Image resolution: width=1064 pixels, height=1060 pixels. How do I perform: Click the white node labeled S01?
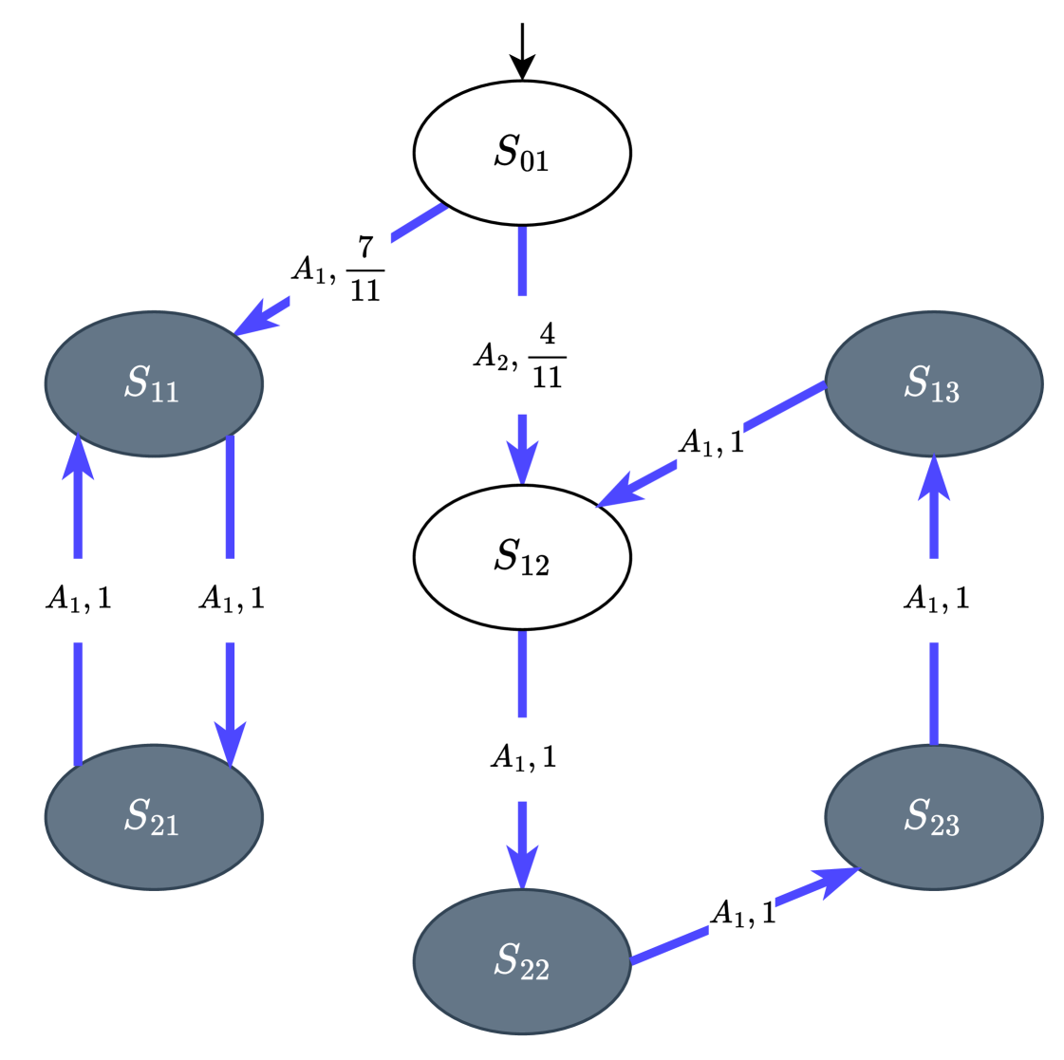click(522, 153)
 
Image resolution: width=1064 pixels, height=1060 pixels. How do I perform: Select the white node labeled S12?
click(522, 557)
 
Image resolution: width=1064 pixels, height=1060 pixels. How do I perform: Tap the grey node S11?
click(154, 383)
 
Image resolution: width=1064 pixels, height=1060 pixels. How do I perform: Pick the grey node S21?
click(154, 816)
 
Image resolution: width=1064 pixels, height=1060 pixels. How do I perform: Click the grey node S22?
click(522, 961)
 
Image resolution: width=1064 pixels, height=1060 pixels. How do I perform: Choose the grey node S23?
click(933, 816)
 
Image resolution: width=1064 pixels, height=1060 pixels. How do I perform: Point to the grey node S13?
click(933, 383)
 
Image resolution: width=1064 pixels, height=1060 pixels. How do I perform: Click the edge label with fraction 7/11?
click(341, 269)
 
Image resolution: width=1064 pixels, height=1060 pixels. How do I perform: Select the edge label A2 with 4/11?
click(522, 355)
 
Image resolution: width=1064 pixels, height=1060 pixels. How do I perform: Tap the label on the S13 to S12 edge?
click(710, 444)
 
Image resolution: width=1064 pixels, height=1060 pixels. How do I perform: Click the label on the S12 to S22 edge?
click(522, 758)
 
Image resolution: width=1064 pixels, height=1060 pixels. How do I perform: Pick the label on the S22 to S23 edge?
click(741, 915)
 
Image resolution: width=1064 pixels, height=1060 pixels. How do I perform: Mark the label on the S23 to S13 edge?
click(935, 600)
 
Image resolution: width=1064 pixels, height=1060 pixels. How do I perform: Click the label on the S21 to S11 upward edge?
click(78, 600)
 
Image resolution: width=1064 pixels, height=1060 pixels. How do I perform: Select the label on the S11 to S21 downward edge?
click(231, 600)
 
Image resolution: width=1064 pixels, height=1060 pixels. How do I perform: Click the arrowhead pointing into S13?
click(934, 474)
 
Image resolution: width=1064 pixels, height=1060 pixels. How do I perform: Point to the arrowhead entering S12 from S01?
click(522, 465)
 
